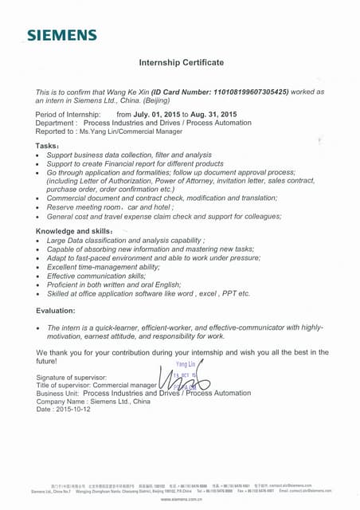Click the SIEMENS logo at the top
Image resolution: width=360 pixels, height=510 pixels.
pos(62,35)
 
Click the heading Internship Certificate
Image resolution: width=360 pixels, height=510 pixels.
pos(182,62)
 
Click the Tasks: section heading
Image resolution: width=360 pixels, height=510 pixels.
pos(48,146)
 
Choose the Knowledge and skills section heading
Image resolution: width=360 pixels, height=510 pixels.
pos(76,231)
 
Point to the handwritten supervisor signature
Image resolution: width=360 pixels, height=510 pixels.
pos(183,383)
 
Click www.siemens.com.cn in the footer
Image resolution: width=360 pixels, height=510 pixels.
pos(182,499)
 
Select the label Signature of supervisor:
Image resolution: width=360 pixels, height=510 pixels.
pos(72,377)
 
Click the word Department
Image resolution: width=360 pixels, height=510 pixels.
pos(56,123)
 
